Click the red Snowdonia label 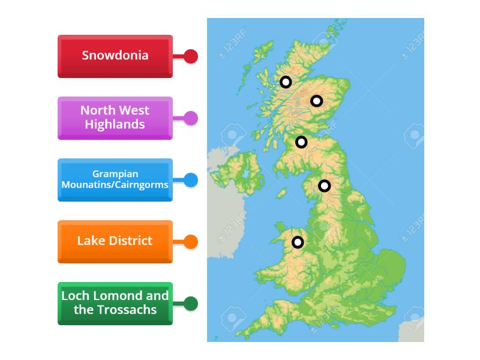115,56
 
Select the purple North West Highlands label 115,118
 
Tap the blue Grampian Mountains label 115,179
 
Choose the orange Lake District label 115,241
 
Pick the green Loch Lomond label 115,303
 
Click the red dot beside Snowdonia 190,56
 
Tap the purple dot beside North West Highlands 190,118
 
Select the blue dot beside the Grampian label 190,180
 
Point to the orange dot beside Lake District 190,242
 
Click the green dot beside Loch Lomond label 190,304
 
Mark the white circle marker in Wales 298,242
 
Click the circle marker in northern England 324,186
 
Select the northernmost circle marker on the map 286,82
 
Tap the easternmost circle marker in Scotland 316,101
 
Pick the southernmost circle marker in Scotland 301,142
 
